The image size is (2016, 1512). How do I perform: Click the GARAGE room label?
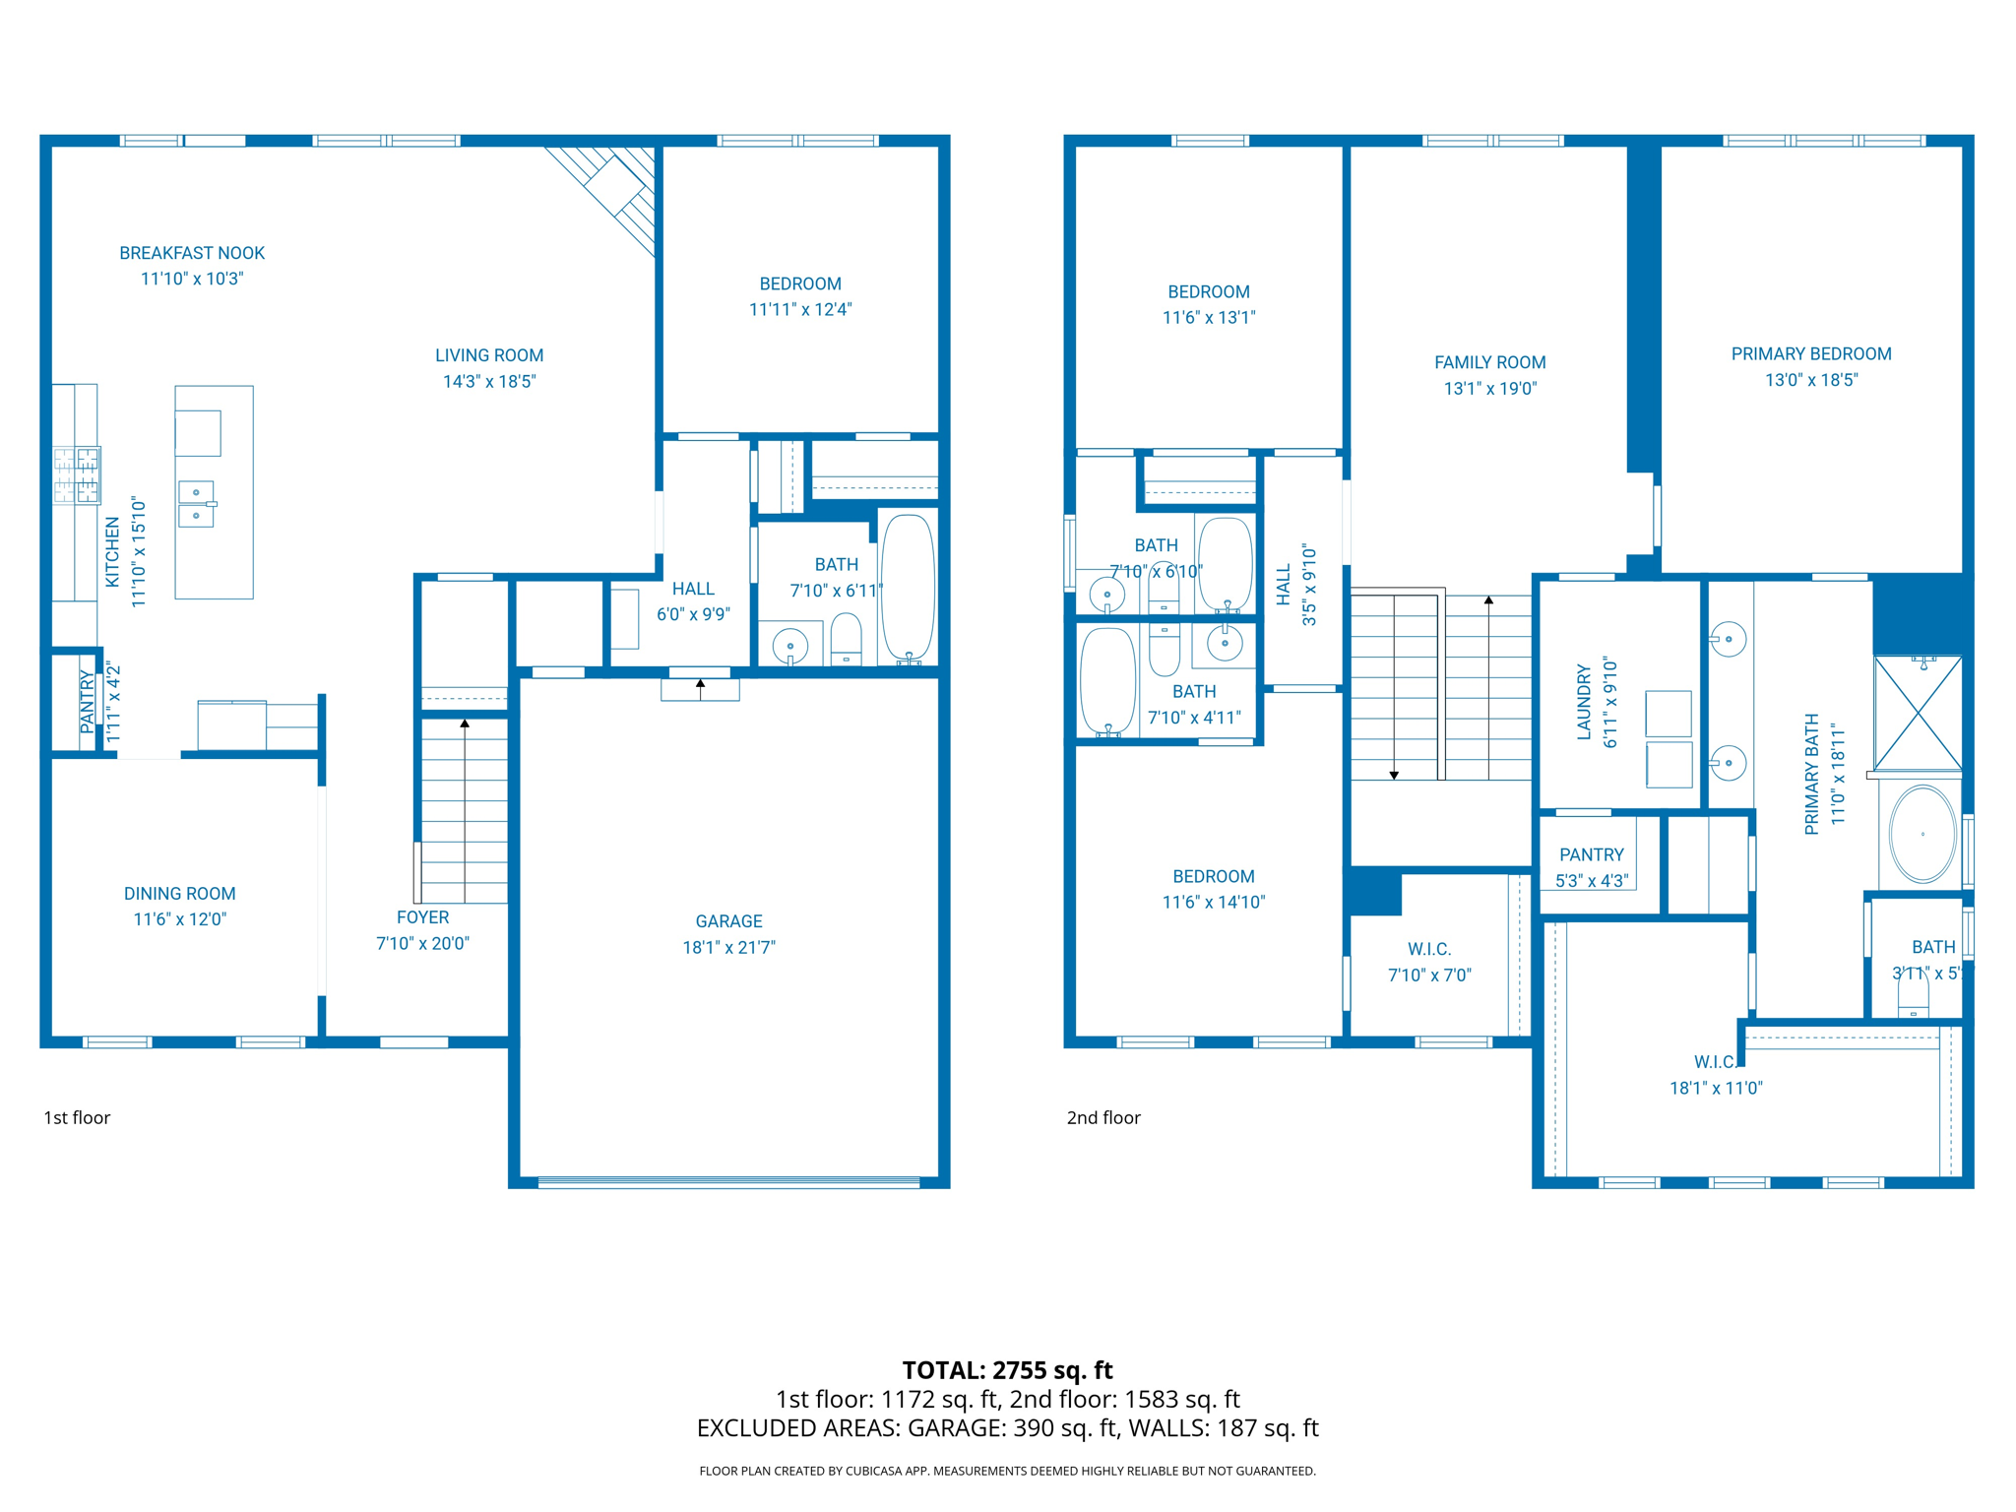click(x=728, y=921)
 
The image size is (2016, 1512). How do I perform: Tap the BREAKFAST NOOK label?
click(x=192, y=253)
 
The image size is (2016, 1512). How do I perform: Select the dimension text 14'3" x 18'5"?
click(x=488, y=381)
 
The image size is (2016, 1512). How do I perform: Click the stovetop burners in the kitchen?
click(x=77, y=475)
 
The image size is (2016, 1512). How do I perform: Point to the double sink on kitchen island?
click(x=196, y=504)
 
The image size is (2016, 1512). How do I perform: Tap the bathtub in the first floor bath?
click(x=908, y=587)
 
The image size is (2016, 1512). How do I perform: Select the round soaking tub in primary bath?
click(x=1922, y=834)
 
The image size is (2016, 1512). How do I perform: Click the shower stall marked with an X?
click(x=1918, y=714)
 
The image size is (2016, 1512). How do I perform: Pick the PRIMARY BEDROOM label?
click(x=1810, y=354)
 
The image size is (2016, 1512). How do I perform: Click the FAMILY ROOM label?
click(x=1489, y=362)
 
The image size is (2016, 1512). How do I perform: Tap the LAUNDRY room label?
click(x=1584, y=702)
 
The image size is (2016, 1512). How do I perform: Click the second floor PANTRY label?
click(x=1591, y=854)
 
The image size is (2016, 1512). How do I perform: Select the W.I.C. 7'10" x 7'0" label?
click(x=1429, y=962)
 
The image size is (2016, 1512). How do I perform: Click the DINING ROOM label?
click(x=179, y=894)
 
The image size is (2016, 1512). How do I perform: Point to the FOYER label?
click(x=422, y=917)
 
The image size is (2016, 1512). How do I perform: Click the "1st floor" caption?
click(x=77, y=1117)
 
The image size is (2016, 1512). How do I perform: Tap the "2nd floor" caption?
click(x=1103, y=1117)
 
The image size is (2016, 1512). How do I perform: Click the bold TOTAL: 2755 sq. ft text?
click(x=1007, y=1370)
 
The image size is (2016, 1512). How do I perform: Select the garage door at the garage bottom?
click(x=728, y=1182)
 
